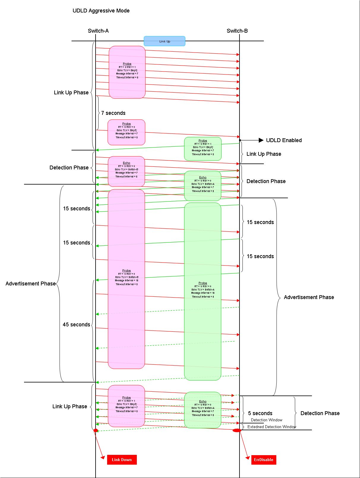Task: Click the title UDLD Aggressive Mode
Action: pyautogui.click(x=101, y=11)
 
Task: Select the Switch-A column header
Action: pyautogui.click(x=98, y=31)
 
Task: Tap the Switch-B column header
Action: pyautogui.click(x=237, y=31)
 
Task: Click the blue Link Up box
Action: pyautogui.click(x=164, y=41)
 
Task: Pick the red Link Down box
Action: pyautogui.click(x=122, y=460)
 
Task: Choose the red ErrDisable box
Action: pyautogui.click(x=264, y=460)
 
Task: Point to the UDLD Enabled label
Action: pyautogui.click(x=284, y=140)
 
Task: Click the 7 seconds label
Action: pyautogui.click(x=113, y=113)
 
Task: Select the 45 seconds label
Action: pyautogui.click(x=76, y=325)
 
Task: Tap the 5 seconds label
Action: pyautogui.click(x=260, y=413)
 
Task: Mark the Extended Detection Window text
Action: pyautogui.click(x=272, y=427)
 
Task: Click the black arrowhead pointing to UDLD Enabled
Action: pyautogui.click(x=261, y=140)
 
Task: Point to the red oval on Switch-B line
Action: pyautogui.click(x=237, y=430)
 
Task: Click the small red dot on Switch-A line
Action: pyautogui.click(x=96, y=430)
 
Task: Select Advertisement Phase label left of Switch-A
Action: pyautogui.click(x=31, y=284)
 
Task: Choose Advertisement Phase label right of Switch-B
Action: pyautogui.click(x=309, y=297)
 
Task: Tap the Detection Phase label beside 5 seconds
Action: pyautogui.click(x=320, y=413)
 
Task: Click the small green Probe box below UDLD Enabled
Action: pyautogui.click(x=203, y=149)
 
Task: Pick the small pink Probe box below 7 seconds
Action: pyautogui.click(x=126, y=132)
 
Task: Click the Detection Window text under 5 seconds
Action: pyautogui.click(x=267, y=420)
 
